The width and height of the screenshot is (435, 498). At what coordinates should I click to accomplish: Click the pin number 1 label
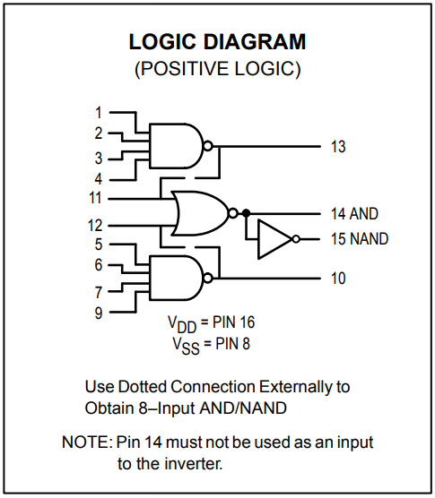click(99, 113)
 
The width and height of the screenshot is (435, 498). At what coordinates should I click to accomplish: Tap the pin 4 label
click(99, 179)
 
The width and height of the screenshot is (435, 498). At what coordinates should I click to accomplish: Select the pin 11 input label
click(95, 198)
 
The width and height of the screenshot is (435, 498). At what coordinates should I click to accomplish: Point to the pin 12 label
click(95, 226)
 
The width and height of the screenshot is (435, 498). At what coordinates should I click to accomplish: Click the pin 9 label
click(99, 313)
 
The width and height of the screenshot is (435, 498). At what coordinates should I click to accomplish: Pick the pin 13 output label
click(338, 147)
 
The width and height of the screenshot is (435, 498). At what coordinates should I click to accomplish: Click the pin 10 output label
click(338, 279)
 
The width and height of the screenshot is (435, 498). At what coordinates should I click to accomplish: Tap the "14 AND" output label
click(354, 213)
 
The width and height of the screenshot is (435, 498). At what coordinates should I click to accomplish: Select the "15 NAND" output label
click(360, 239)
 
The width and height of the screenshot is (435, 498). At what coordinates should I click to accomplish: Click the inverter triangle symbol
click(274, 239)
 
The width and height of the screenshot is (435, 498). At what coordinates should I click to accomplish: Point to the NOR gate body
click(200, 213)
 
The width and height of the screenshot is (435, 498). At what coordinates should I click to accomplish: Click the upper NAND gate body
click(176, 146)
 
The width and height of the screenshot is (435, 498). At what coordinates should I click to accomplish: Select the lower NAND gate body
click(176, 278)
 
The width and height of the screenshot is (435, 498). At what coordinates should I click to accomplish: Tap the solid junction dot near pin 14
click(246, 213)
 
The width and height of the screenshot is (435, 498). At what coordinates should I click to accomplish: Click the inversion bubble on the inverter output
click(296, 239)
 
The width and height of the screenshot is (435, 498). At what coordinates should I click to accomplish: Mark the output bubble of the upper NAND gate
click(208, 146)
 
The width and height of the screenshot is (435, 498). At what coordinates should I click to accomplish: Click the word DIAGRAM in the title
click(255, 41)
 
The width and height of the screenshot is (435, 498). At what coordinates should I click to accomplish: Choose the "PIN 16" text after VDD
click(234, 322)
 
